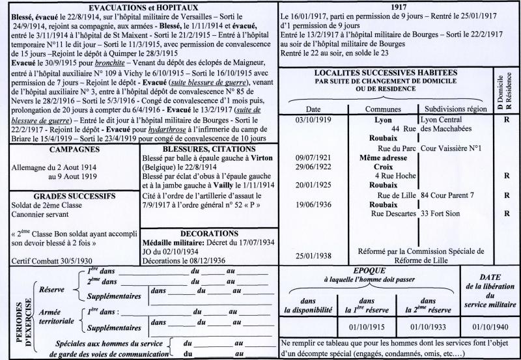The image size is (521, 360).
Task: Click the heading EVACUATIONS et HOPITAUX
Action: point(138,7)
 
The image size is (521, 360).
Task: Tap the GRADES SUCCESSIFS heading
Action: point(70,196)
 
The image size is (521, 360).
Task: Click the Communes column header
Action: point(382,109)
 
